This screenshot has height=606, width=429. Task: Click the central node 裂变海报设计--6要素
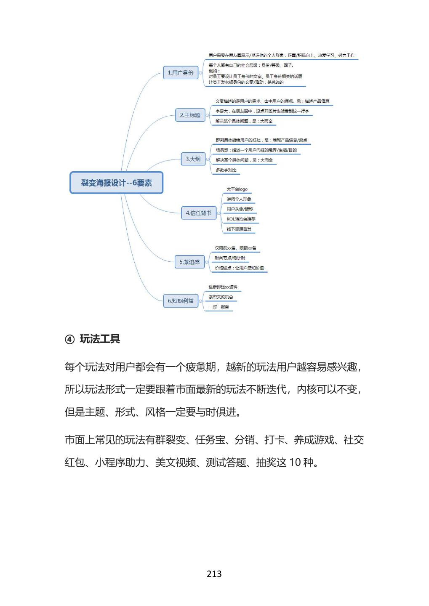click(116, 183)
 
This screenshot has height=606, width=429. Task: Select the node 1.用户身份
click(181, 73)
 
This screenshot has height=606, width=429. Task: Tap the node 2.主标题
click(190, 115)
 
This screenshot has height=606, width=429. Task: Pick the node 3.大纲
click(193, 159)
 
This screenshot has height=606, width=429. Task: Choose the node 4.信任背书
click(199, 213)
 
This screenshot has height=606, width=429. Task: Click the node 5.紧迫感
click(189, 262)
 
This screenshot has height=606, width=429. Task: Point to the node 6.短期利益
click(181, 301)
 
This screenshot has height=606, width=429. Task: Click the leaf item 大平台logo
click(237, 189)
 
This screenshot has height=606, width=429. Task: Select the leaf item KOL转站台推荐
click(241, 219)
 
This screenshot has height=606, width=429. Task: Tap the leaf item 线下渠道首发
click(239, 229)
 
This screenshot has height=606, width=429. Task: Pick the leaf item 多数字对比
click(226, 170)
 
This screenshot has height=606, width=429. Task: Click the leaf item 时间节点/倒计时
click(230, 258)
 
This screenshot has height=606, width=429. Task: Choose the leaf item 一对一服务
click(219, 307)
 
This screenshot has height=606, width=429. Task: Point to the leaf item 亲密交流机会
click(221, 297)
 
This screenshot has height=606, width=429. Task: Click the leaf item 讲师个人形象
click(239, 199)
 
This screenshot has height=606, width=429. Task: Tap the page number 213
click(214, 574)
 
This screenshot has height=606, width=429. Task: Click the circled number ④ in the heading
click(69, 339)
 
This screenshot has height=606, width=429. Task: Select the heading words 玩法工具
click(100, 339)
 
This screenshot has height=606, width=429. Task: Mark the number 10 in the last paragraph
click(295, 462)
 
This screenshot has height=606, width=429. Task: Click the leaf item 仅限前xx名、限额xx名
click(235, 248)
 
